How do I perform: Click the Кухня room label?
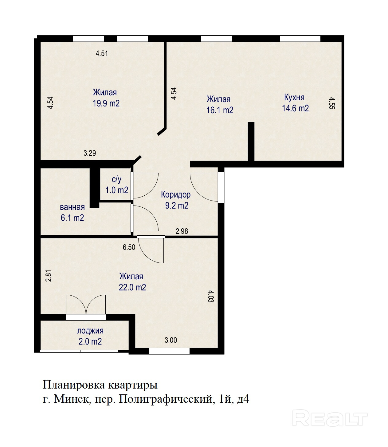(x=294, y=98)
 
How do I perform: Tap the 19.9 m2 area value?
(x=106, y=103)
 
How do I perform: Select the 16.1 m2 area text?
(x=220, y=110)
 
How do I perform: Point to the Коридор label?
(x=176, y=194)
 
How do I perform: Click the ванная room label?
(x=72, y=207)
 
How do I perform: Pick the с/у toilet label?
(x=116, y=179)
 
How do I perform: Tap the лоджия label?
(x=90, y=331)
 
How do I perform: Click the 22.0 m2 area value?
(x=132, y=287)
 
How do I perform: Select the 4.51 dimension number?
(x=102, y=53)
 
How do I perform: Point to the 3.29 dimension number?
(x=90, y=153)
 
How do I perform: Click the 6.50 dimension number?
(x=129, y=247)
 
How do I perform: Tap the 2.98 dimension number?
(x=182, y=231)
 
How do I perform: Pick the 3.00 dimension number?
(x=171, y=340)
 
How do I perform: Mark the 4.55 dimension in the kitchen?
(x=332, y=103)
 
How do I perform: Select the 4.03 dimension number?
(x=211, y=296)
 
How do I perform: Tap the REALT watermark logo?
(x=330, y=418)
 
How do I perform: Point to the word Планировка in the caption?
(x=73, y=385)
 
